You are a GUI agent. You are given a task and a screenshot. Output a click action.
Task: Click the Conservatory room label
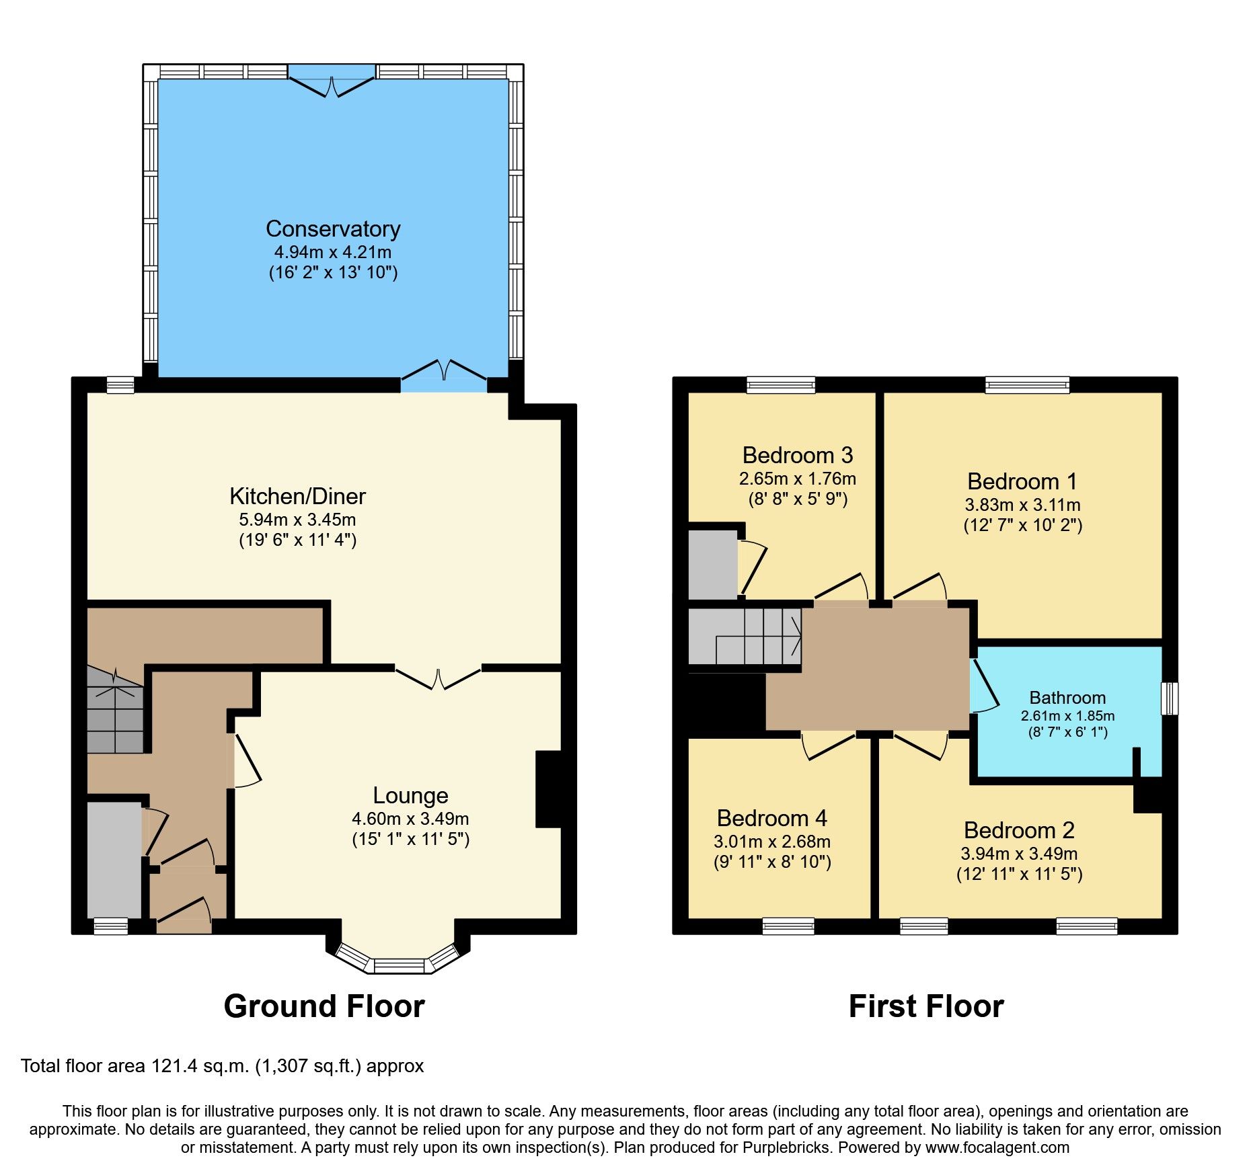[333, 229]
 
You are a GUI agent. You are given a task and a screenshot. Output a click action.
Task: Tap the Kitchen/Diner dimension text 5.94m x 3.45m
[297, 520]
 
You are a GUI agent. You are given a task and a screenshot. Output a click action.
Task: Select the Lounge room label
[410, 795]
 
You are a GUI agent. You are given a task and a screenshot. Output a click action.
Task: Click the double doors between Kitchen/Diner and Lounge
[438, 678]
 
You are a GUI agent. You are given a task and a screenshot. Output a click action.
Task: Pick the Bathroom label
[1067, 698]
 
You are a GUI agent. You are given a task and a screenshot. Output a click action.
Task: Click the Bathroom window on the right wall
[1170, 698]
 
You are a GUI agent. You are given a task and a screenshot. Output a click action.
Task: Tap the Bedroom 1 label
[1022, 481]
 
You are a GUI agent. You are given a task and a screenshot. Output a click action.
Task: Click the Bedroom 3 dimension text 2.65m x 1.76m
[797, 479]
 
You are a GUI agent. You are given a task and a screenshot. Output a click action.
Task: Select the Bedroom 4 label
[771, 818]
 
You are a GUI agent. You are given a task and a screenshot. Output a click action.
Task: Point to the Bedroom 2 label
[1018, 830]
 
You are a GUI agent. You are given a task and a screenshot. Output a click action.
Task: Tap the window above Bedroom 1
[1026, 385]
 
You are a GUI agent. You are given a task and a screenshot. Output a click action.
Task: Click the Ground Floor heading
[324, 1006]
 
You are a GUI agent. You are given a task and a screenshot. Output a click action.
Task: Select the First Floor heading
[925, 1006]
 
